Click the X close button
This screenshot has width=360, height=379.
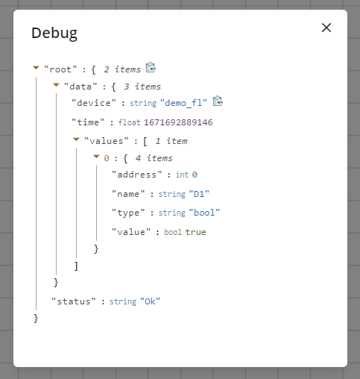point(326,28)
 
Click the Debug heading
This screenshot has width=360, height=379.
point(54,34)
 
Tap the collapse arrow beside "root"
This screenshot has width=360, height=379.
point(36,68)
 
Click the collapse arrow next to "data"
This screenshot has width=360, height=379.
point(56,85)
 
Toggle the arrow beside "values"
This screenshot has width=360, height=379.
point(76,140)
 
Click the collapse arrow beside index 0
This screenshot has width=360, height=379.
point(96,157)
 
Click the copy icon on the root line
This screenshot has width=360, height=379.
point(151,67)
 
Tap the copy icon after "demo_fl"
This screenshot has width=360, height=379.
point(218,101)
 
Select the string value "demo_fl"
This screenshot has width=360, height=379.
point(183,103)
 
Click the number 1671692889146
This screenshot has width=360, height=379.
point(178,122)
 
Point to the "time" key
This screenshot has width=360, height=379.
point(88,122)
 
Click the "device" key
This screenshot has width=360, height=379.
point(94,103)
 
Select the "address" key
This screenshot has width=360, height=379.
point(136,175)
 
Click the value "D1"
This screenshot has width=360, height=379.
point(199,194)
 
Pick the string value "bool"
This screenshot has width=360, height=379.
point(204,213)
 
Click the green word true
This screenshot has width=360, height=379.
point(195,232)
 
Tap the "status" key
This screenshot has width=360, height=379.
point(74,301)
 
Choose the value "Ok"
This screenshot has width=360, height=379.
point(150,301)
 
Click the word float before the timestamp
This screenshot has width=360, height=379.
point(129,122)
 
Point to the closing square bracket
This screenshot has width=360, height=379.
point(76,266)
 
